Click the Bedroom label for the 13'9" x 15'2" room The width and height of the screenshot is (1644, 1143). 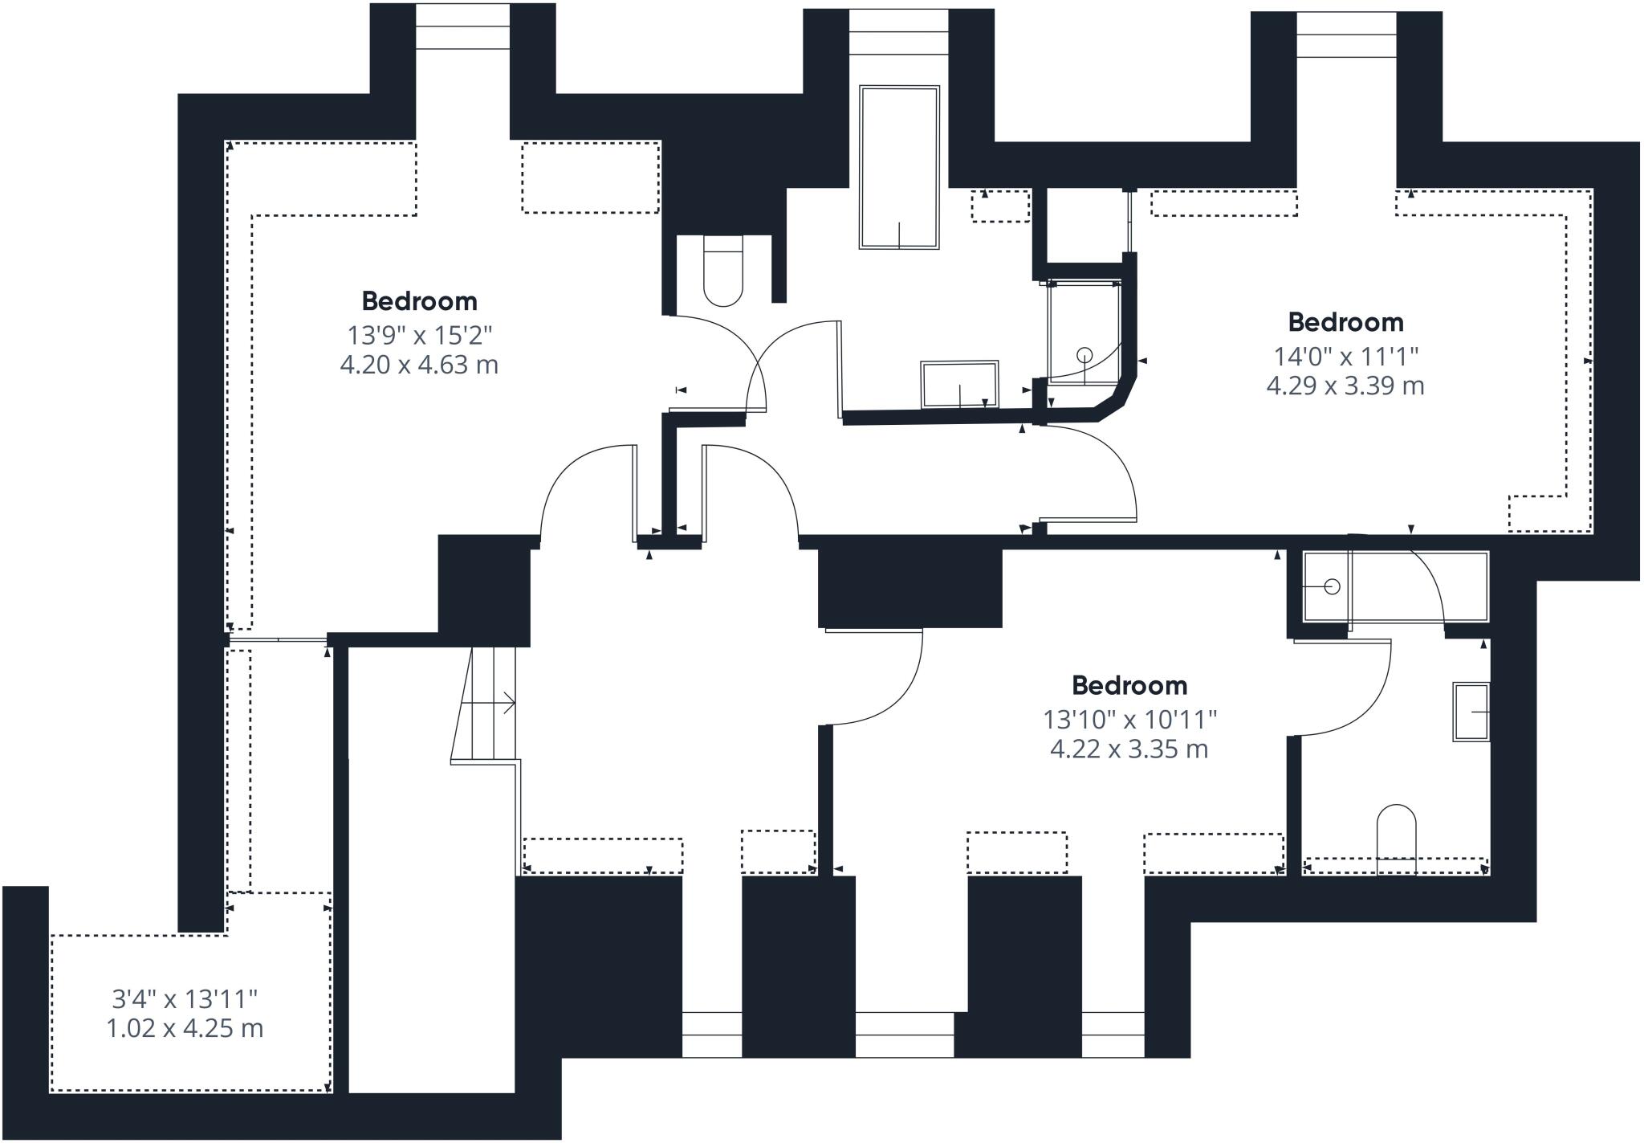[419, 301]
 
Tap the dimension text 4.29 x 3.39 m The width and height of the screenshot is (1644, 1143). [1345, 386]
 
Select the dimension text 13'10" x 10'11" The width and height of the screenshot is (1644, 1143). [1130, 719]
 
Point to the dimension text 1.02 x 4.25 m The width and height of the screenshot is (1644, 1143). [185, 1028]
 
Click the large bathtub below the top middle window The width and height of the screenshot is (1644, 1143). [899, 167]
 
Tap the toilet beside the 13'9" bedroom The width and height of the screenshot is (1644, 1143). [723, 271]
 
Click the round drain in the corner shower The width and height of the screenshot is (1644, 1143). [1084, 353]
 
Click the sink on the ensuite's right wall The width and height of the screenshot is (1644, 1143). [1471, 712]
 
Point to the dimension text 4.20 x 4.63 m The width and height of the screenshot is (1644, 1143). [419, 365]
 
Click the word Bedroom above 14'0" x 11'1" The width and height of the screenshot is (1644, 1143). [1346, 322]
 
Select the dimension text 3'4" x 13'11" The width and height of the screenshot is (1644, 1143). [185, 999]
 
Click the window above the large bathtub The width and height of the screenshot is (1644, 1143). [899, 32]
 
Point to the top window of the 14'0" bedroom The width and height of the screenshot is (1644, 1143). [1347, 35]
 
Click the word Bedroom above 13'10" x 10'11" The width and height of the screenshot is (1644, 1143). [1129, 685]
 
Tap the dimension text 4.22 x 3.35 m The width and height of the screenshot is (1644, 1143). [1129, 749]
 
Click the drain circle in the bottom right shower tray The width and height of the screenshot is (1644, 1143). [1332, 587]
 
